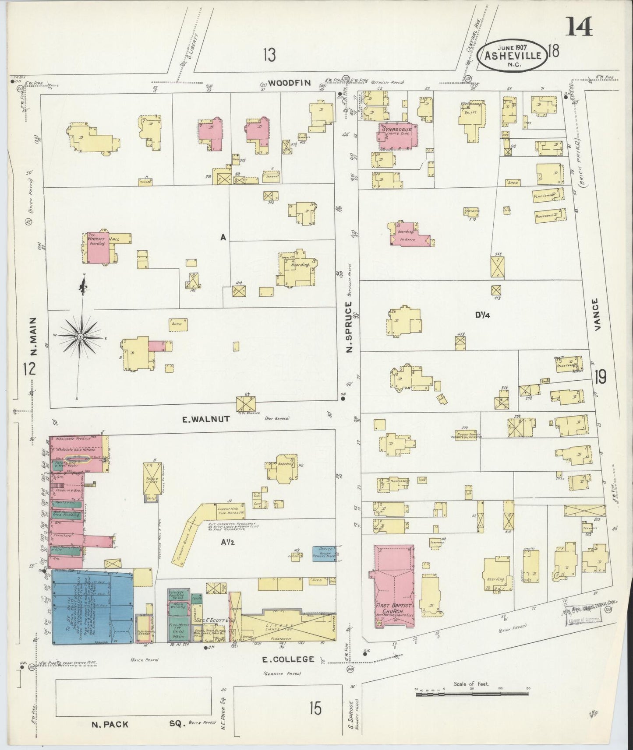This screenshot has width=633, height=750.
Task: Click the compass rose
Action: pyautogui.click(x=81, y=336)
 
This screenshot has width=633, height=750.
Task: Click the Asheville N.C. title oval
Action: pyautogui.click(x=514, y=56)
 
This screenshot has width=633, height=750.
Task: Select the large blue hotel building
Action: pyautogui.click(x=92, y=606)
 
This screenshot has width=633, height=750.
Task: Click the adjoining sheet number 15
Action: pyautogui.click(x=314, y=708)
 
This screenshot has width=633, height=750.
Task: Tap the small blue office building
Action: pyautogui.click(x=324, y=554)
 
